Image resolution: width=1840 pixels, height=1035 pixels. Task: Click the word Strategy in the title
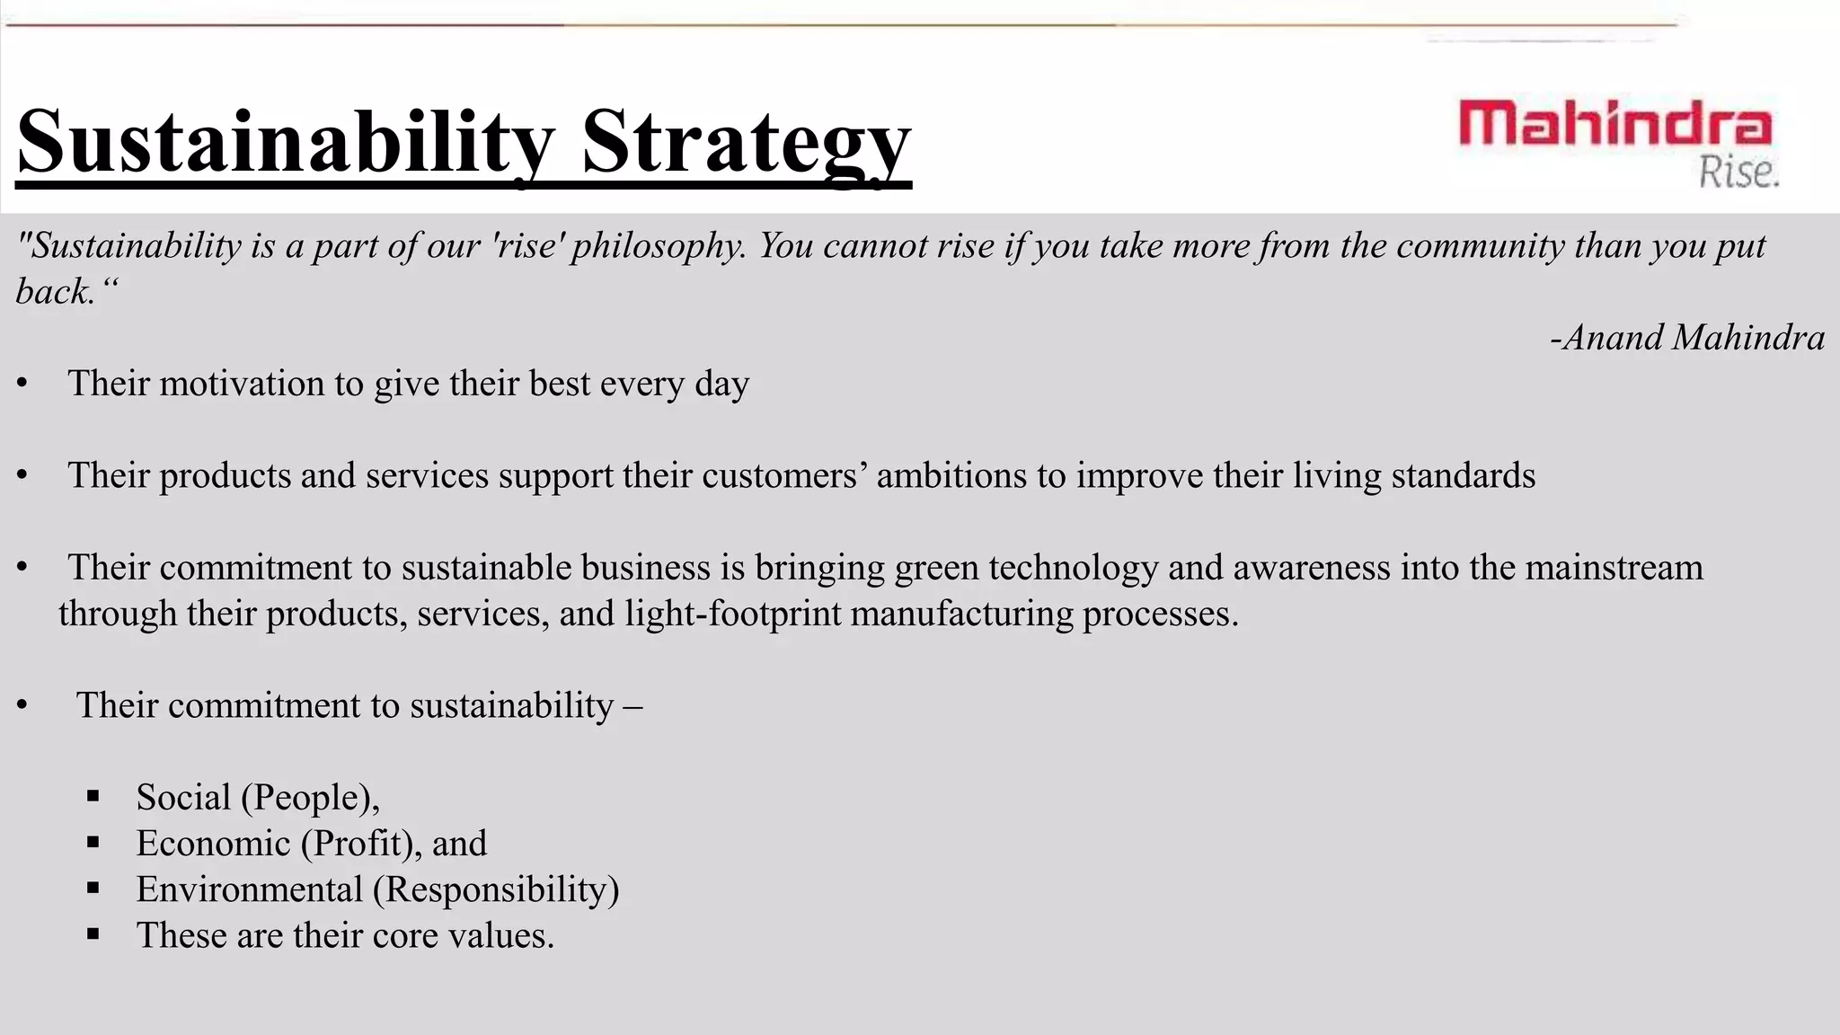(x=746, y=142)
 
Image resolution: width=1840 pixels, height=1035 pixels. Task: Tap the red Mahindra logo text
(x=1615, y=125)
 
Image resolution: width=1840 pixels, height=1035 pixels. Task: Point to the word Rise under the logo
(x=1738, y=172)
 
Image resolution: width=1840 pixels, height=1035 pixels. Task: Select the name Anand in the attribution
(x=1613, y=338)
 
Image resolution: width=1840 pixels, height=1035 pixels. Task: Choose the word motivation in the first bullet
(x=242, y=384)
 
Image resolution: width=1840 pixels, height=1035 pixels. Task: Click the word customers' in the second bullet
(x=784, y=475)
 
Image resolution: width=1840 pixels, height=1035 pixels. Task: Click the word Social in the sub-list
(x=183, y=798)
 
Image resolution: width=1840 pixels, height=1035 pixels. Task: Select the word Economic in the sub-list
(x=214, y=844)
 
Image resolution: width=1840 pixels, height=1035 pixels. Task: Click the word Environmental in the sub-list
(x=249, y=889)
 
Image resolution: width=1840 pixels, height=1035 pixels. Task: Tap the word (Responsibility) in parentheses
(x=496, y=889)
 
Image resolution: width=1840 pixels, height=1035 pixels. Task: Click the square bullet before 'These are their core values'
(x=93, y=934)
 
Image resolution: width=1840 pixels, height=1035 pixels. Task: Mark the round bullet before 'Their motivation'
(x=22, y=385)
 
